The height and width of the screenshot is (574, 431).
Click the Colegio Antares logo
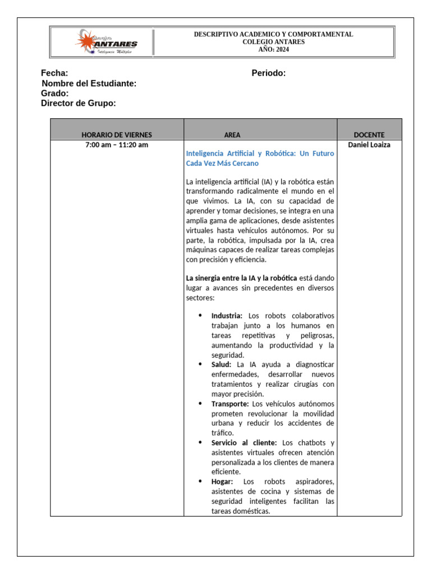[106, 41]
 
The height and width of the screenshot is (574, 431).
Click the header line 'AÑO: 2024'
[273, 49]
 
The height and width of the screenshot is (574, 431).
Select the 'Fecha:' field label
[54, 73]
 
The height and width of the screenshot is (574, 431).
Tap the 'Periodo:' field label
[269, 73]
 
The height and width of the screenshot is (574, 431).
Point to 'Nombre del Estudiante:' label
[89, 84]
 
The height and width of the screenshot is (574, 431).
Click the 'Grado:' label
[55, 94]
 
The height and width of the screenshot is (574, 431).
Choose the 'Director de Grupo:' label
[79, 104]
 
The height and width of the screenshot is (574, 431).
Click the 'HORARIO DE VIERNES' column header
[117, 135]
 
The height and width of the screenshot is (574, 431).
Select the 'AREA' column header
[232, 135]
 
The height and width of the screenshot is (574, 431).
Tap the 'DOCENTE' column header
[369, 135]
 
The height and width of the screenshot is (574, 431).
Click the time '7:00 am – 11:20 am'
[117, 145]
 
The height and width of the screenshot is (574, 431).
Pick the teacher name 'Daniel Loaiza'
[369, 145]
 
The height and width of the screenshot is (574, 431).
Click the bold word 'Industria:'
[227, 316]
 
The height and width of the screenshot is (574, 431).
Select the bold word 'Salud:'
[221, 364]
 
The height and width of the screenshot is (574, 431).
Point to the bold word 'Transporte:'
[230, 404]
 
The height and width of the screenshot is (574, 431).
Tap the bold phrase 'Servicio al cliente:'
[244, 443]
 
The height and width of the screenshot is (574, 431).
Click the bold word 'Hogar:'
[222, 482]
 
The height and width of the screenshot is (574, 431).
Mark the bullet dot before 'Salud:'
[200, 364]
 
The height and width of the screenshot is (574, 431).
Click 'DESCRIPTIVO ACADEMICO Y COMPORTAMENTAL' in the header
[273, 34]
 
